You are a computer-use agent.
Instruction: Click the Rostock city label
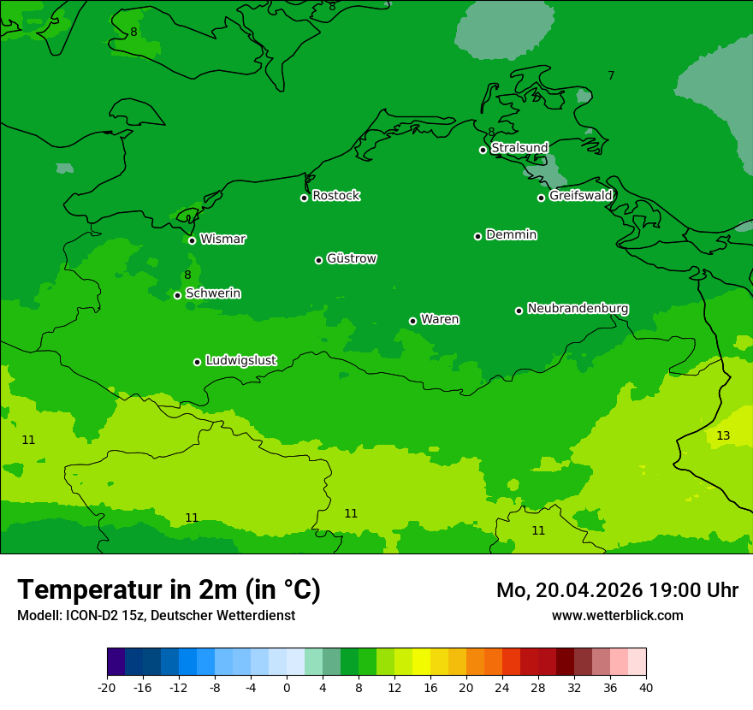[335, 196]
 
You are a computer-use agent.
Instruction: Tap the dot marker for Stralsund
[483, 150]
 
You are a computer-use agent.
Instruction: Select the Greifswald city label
[580, 196]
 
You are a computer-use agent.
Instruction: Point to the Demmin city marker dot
[477, 236]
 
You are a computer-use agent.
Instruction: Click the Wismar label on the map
[222, 239]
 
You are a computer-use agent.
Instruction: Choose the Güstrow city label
[351, 258]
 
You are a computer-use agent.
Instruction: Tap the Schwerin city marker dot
[177, 295]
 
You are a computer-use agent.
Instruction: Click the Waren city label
[440, 319]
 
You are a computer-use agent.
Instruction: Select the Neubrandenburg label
[578, 308]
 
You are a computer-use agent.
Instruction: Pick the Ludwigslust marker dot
[197, 362]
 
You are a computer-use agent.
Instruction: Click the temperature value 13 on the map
[723, 435]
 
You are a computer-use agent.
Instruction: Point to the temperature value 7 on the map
[611, 75]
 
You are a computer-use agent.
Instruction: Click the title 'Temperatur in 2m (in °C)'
[169, 590]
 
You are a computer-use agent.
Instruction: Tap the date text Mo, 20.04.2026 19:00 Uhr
[617, 590]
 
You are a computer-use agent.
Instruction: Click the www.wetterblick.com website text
[617, 615]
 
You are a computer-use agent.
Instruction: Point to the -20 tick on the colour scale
[107, 687]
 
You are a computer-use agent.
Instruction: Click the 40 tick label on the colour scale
[646, 687]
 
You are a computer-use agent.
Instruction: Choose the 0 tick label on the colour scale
[287, 687]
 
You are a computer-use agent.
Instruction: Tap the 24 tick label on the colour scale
[502, 687]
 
